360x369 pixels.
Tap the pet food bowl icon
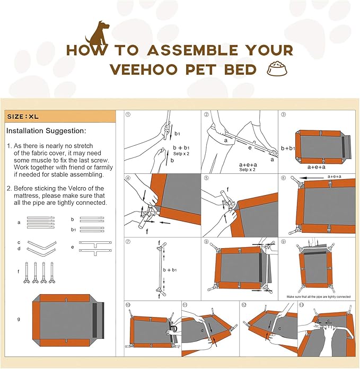point(275,69)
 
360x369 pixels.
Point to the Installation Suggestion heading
point(46,130)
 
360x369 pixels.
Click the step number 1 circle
point(128,115)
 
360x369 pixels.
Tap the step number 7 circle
point(128,242)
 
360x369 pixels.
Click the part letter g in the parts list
point(19,319)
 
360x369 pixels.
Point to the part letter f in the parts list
point(19,271)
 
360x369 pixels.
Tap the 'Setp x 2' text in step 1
point(181,153)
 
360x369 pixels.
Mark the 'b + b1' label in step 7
point(170,270)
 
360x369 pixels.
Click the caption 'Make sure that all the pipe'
point(318,297)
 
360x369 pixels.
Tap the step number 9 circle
point(283,242)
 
